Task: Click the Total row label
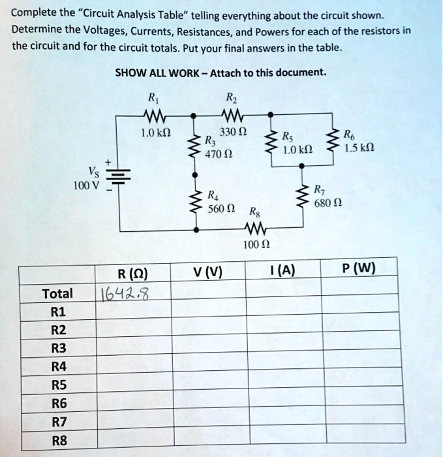coord(57,294)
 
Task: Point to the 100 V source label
coord(85,184)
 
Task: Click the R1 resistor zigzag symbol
coord(155,117)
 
